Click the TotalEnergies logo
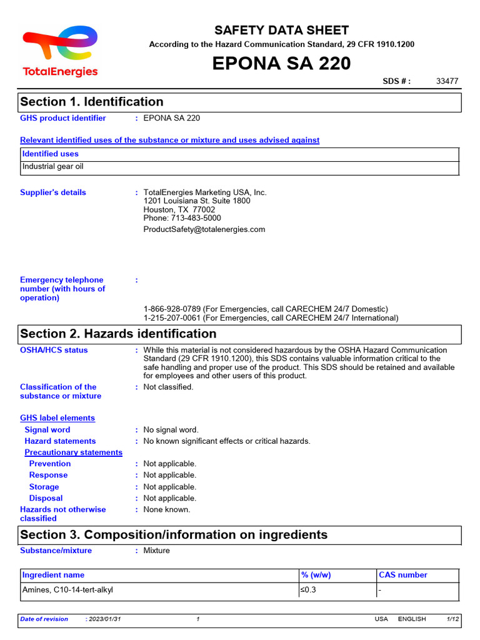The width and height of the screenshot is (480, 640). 60,51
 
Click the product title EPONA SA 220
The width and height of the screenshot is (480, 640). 281,64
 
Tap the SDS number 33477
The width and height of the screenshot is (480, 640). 447,81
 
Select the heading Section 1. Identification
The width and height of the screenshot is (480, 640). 92,102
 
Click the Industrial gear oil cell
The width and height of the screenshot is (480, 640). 53,167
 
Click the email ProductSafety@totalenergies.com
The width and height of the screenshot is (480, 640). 204,229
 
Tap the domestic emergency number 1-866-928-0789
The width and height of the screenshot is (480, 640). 174,309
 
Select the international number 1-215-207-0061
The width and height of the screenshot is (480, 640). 174,318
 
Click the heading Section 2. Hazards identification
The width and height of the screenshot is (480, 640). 118,334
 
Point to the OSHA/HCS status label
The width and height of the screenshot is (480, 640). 54,350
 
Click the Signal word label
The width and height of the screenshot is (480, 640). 47,430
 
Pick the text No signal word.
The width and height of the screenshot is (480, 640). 171,430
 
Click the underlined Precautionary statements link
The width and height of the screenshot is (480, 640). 73,452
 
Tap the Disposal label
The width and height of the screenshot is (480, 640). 46,498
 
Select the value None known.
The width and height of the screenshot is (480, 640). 167,509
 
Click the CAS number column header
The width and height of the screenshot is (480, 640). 403,575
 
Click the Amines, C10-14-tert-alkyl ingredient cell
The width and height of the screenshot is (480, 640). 67,590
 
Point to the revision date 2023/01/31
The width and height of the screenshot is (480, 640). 105,619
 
